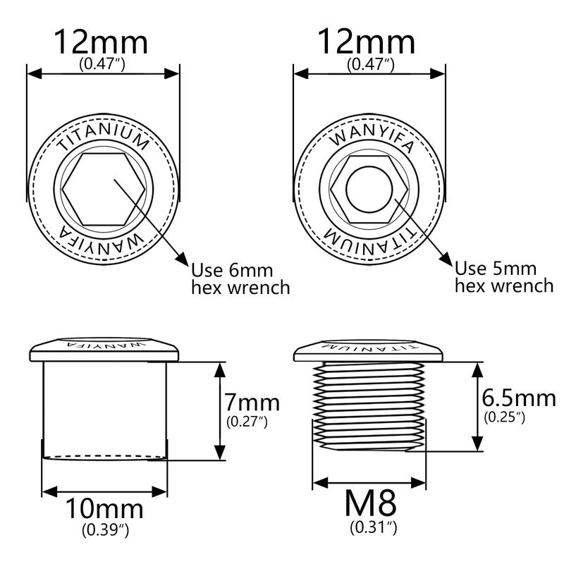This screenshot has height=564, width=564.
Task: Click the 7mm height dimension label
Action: coord(252,403)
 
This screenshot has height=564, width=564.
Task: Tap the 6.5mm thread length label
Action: coord(519,398)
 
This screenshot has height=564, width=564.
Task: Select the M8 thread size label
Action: coord(371,503)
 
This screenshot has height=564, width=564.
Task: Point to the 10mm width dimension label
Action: coord(104,509)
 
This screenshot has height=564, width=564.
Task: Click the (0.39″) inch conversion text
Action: coord(105,530)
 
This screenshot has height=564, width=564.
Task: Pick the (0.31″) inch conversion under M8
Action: coord(374,527)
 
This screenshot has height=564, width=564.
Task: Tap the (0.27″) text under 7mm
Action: coord(247,421)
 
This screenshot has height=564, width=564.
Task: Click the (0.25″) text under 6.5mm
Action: coord(504,417)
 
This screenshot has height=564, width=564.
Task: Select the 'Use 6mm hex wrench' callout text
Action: coord(240,279)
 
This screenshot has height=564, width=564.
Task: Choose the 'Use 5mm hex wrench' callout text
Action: coord(504,277)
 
